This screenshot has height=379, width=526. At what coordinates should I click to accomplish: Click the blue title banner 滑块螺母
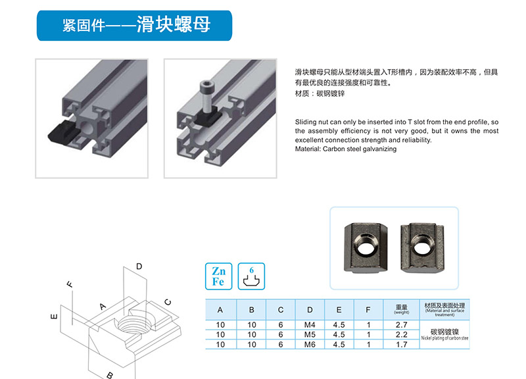134,26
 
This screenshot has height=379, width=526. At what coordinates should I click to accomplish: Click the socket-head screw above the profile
205,96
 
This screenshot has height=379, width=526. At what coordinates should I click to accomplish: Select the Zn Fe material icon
218,276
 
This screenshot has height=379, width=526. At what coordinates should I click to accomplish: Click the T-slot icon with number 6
251,276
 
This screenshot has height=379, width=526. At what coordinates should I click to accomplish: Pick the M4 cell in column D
310,325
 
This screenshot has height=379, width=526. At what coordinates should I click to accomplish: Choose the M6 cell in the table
310,344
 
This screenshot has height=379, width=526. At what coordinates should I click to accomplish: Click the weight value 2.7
401,325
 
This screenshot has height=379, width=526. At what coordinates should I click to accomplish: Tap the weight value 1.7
401,344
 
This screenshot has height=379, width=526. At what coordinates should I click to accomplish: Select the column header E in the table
339,310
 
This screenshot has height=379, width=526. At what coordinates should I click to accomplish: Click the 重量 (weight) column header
402,309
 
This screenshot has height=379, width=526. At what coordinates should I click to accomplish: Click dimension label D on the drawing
139,266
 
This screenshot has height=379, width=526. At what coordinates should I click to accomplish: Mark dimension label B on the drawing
110,375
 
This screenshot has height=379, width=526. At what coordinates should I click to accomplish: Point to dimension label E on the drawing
54,316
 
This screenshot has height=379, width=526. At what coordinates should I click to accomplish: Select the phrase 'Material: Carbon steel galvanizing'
346,149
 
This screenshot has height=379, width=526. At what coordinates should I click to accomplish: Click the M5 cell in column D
310,335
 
